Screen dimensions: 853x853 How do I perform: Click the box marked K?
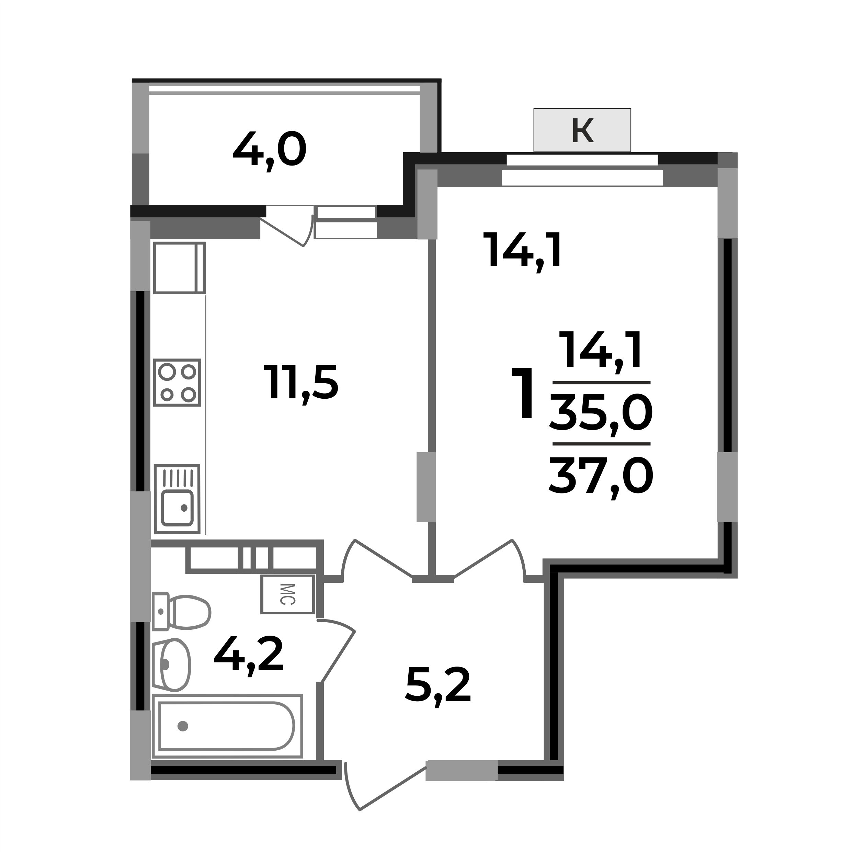point(582,130)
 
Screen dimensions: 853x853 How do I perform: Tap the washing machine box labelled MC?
point(287,594)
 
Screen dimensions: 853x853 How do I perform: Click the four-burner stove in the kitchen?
point(177,382)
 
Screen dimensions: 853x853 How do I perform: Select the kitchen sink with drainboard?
point(177,499)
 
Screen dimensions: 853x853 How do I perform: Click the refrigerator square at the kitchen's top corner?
point(179,268)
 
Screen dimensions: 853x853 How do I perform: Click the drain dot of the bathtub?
point(183,726)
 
